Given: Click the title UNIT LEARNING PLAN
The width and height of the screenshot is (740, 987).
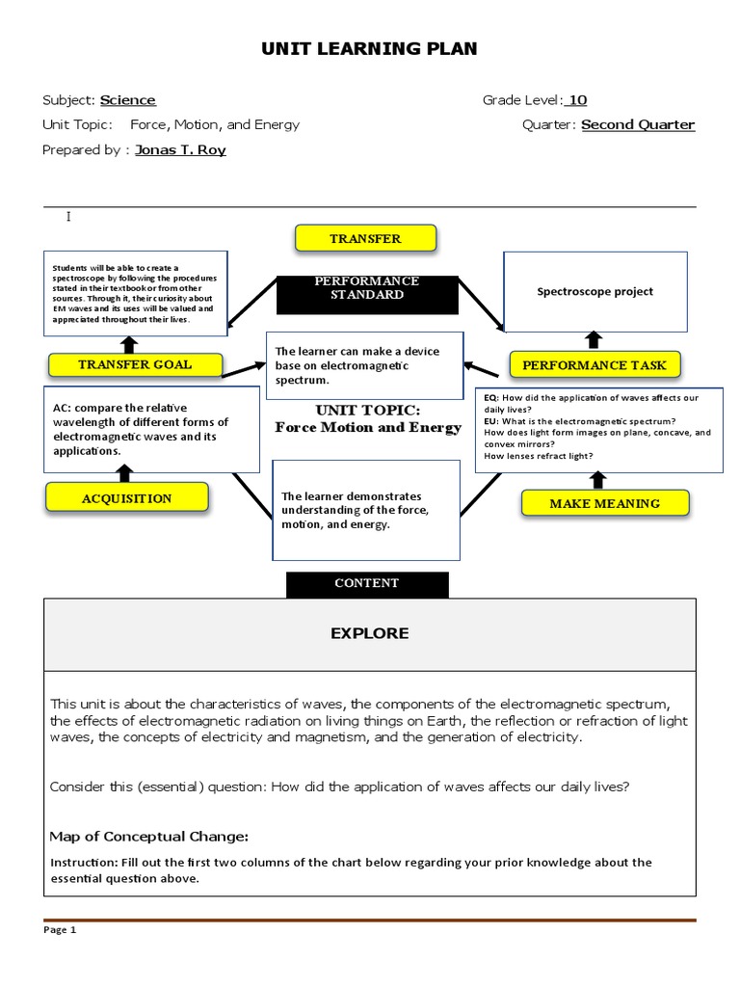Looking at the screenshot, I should [369, 48].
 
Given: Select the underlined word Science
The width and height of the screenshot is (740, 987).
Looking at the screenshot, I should [128, 100].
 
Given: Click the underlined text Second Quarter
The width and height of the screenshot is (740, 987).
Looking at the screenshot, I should [638, 125].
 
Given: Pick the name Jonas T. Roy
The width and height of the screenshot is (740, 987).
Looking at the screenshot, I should [180, 150].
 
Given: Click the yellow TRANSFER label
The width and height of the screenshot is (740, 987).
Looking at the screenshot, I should [365, 238].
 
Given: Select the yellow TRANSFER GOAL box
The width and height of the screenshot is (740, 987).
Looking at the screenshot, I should [135, 364].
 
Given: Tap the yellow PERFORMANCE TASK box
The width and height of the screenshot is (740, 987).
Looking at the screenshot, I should [595, 365].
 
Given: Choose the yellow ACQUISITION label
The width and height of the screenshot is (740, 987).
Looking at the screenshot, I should [126, 498].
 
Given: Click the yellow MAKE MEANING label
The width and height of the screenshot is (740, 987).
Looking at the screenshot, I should [604, 503].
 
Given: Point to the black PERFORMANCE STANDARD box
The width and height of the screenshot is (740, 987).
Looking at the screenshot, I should [366, 294].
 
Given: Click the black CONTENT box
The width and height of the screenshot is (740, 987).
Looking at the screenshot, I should [366, 583].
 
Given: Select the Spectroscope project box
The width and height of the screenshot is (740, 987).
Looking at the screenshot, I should [595, 291].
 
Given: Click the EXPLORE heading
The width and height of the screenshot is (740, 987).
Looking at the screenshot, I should [369, 633].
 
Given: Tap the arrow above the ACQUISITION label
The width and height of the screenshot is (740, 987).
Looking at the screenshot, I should [124, 472].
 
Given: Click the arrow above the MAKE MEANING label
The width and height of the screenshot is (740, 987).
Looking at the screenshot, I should [598, 479].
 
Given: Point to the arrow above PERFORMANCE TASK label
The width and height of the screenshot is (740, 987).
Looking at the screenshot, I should [594, 338].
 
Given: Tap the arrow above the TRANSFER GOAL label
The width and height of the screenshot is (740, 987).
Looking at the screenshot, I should [129, 344].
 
